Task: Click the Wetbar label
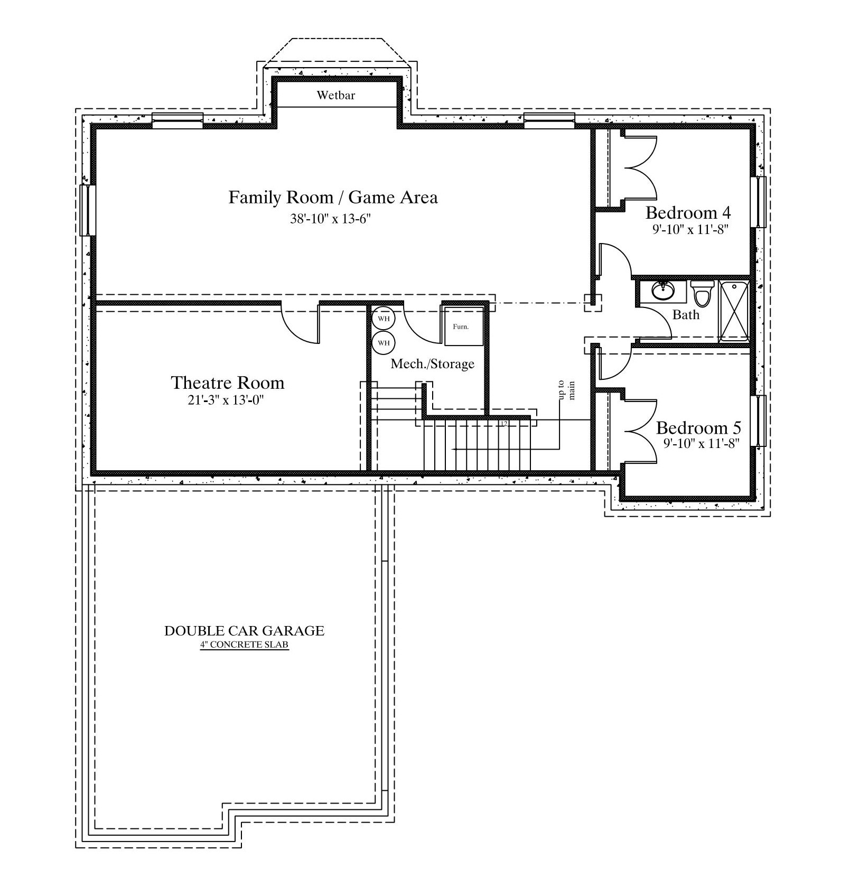coord(336,95)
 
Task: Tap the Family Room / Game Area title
coord(333,197)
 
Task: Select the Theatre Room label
coord(228,382)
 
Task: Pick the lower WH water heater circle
coord(384,343)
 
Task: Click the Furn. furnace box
coord(463,326)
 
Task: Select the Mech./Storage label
coord(433,363)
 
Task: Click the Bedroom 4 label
coord(688,213)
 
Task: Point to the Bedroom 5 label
coord(699,427)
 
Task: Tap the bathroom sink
coord(662,290)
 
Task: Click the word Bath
coord(686,315)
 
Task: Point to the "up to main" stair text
coord(566,390)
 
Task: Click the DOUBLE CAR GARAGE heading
coord(244,630)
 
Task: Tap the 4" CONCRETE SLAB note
coord(244,645)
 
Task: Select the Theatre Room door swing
coord(299,323)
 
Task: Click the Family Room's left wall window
coord(88,210)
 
